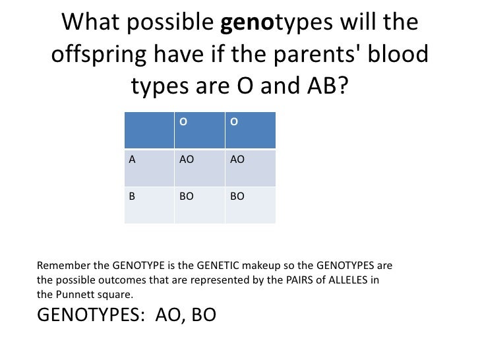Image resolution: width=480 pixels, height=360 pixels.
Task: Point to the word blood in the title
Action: point(395,55)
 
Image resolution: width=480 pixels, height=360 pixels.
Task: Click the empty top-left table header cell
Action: point(149,129)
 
